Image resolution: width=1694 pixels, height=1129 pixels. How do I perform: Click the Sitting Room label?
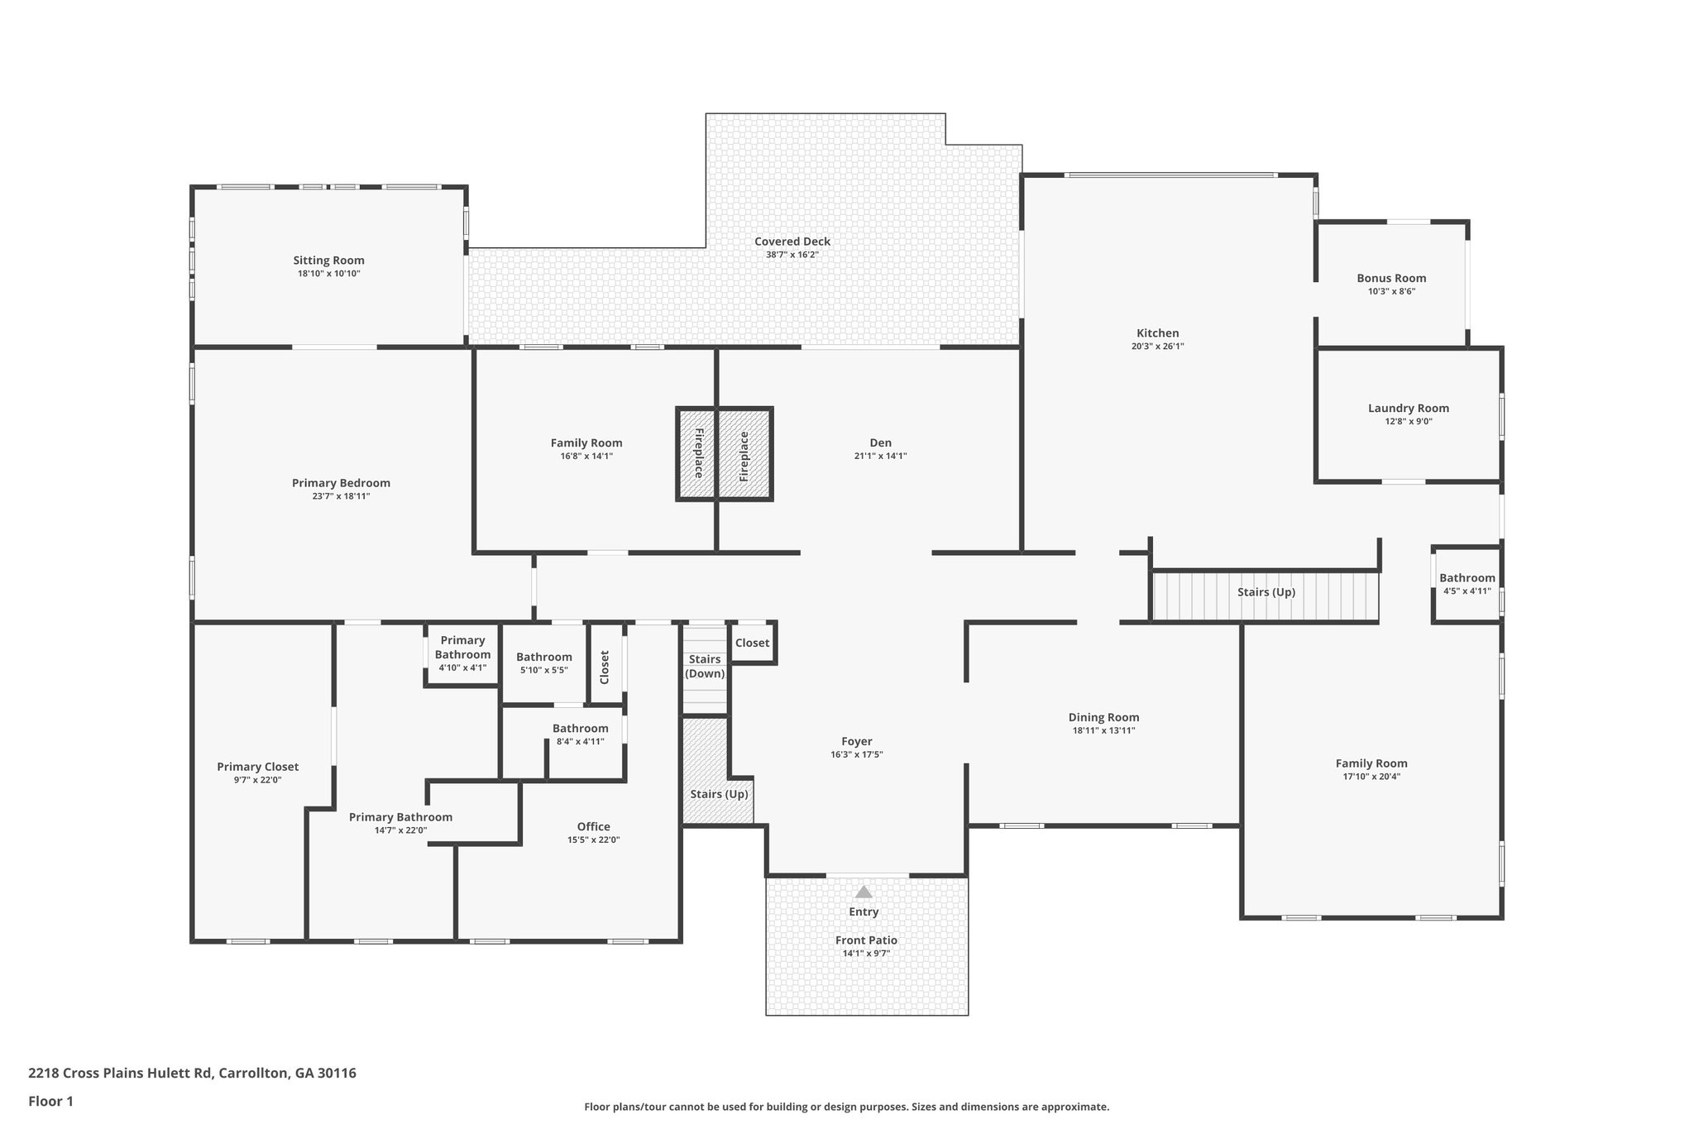coord(328,261)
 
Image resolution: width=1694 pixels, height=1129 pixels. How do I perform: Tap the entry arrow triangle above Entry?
coord(864,892)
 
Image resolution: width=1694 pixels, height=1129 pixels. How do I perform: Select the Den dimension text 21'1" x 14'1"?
coord(880,457)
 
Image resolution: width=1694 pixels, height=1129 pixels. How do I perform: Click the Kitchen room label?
coord(1157,333)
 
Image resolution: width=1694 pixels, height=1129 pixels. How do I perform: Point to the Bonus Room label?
coord(1391,278)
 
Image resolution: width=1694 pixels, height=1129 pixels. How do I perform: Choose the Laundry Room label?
coord(1408,408)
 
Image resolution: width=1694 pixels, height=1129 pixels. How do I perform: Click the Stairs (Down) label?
coord(705,666)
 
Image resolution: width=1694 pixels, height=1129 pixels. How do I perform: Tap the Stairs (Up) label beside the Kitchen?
coord(1266,592)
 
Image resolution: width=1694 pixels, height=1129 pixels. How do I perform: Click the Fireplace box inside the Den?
coord(744,455)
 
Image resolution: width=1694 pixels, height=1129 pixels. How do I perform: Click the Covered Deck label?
coord(792,242)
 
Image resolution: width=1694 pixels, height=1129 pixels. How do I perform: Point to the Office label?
coord(593,826)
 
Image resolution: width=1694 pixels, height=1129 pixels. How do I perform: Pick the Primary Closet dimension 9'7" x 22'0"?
coord(257,780)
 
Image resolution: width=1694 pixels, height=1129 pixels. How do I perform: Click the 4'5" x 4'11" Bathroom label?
coord(1467,578)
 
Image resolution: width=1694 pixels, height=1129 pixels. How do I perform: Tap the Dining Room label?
coord(1103,717)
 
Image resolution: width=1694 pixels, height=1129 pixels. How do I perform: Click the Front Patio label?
coord(866,940)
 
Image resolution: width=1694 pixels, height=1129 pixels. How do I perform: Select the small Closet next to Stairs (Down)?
coord(752,643)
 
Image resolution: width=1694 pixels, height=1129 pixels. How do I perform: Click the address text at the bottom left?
coord(192,1073)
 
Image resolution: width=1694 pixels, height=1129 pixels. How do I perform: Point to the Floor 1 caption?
coord(50,1101)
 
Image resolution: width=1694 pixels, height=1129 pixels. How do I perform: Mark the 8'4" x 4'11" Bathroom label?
coord(580,729)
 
